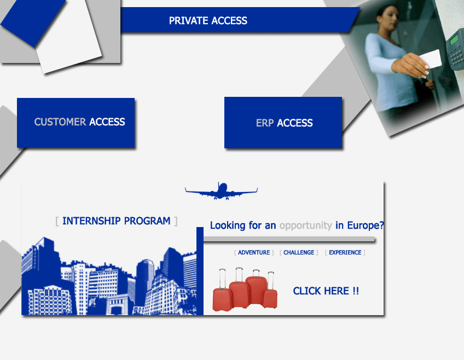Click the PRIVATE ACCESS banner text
tap(208, 21)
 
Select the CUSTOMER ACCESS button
tap(76, 123)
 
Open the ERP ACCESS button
tap(283, 123)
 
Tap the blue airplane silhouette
tap(222, 191)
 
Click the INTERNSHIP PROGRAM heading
tap(117, 221)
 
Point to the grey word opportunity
tap(306, 226)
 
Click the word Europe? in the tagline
tap(366, 225)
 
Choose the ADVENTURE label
tap(254, 253)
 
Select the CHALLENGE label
tap(299, 253)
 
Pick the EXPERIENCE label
tap(345, 253)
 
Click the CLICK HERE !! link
tap(326, 291)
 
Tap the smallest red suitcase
tap(270, 295)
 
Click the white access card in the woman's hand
tap(431, 59)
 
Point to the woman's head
tap(387, 17)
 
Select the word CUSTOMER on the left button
tap(60, 122)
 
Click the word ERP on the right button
tap(265, 123)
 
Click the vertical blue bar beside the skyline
tap(200, 271)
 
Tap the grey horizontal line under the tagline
tap(289, 239)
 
